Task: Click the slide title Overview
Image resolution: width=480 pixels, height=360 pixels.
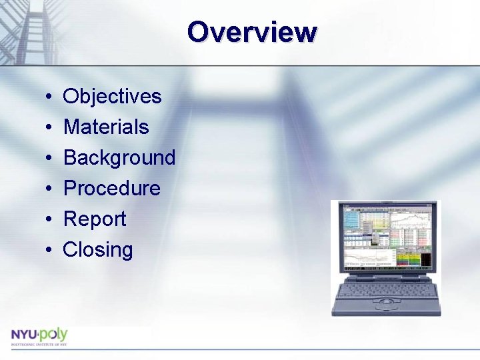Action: pyautogui.click(x=252, y=31)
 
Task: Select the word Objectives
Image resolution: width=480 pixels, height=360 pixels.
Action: pyautogui.click(x=112, y=97)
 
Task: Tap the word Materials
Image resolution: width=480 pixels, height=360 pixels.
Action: pyautogui.click(x=106, y=127)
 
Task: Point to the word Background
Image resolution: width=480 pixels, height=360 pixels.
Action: pyautogui.click(x=119, y=158)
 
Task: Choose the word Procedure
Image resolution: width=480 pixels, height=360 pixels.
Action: pyautogui.click(x=111, y=189)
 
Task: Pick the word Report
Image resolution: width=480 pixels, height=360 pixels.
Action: pyautogui.click(x=94, y=219)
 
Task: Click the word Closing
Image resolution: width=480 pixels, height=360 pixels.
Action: pyautogui.click(x=97, y=250)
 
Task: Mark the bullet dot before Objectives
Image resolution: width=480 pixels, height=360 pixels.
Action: pyautogui.click(x=49, y=97)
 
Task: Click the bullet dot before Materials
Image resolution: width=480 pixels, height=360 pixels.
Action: pyautogui.click(x=49, y=128)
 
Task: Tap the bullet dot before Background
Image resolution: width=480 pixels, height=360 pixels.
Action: pyautogui.click(x=49, y=159)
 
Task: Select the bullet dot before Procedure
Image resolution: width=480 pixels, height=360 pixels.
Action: pyautogui.click(x=49, y=189)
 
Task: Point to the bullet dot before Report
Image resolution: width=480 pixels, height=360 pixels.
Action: pyautogui.click(x=49, y=220)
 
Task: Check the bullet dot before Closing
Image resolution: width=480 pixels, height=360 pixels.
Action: pyautogui.click(x=49, y=251)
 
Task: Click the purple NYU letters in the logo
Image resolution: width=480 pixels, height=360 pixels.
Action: pyautogui.click(x=24, y=334)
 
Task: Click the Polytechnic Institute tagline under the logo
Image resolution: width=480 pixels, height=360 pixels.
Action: pyautogui.click(x=38, y=344)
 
